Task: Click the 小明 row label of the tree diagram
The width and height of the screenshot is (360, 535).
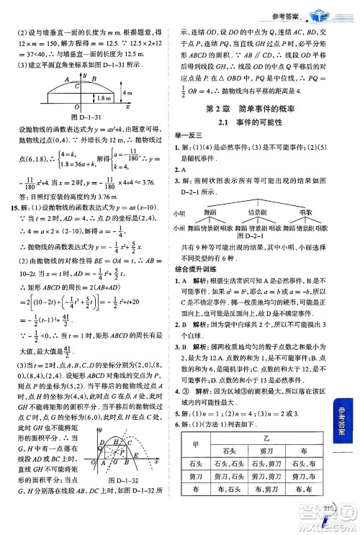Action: tap(179, 214)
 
